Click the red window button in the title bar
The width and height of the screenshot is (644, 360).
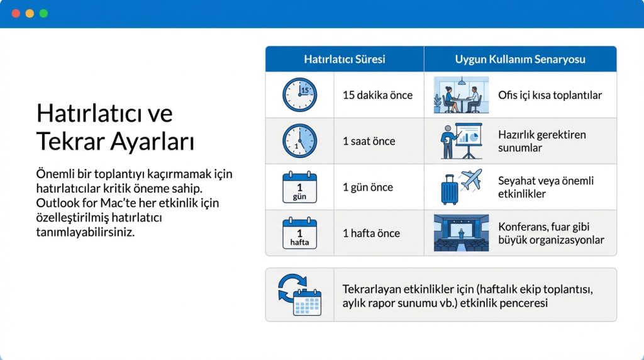coord(16,13)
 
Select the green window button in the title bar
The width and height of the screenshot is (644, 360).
coord(43,13)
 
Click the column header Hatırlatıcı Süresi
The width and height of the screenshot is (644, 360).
coord(344,59)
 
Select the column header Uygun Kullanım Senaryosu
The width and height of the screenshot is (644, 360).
coord(520,59)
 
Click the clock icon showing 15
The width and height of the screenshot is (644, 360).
coord(299,95)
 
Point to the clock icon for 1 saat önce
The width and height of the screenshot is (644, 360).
coord(299,141)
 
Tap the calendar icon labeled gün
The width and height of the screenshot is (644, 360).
coord(299,188)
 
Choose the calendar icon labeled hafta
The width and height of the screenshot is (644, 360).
coord(299,233)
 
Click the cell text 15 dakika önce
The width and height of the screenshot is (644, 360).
coord(377,96)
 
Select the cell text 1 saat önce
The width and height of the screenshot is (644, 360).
coord(369,142)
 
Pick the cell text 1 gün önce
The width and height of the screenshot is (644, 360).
coord(367,188)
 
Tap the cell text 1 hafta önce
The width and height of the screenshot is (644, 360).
coord(371,233)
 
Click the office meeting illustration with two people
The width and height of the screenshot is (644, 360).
coord(461,96)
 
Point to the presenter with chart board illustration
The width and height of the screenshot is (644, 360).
coord(461,141)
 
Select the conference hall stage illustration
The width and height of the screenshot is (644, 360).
coord(461,233)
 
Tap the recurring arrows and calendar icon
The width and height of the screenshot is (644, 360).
coord(299,295)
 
